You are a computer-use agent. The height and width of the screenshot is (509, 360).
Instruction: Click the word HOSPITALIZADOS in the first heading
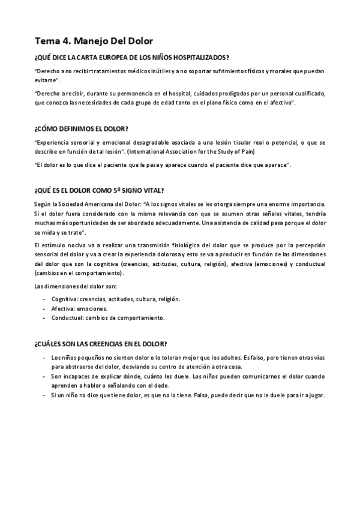(191, 58)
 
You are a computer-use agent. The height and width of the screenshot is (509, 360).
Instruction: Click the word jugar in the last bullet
(316, 396)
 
